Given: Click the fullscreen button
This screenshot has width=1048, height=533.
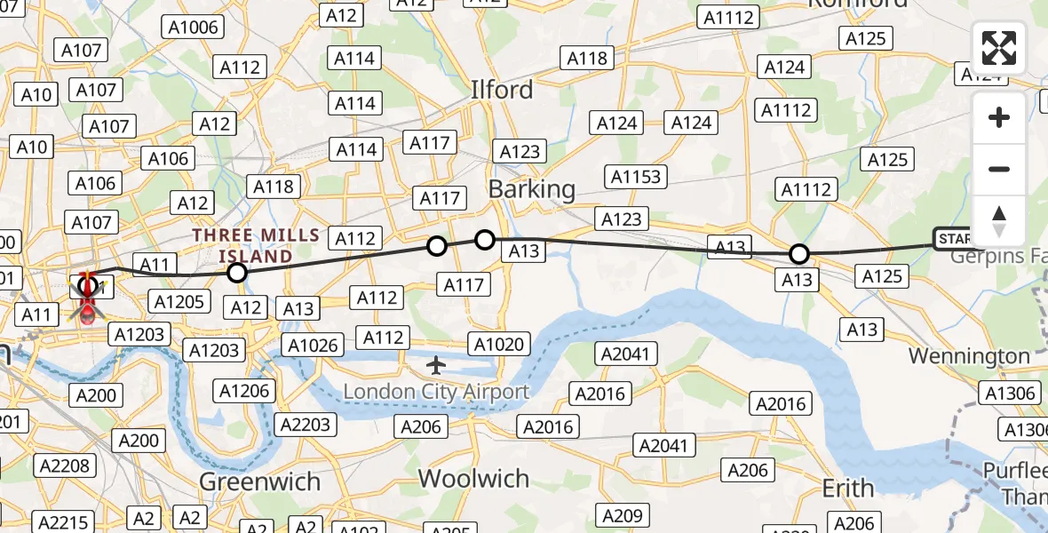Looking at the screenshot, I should (999, 48).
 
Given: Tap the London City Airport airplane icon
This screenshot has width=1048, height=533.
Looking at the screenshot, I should (435, 364).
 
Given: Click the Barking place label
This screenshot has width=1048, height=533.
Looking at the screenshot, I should (531, 189).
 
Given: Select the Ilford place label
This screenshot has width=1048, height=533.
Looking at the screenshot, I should (502, 90).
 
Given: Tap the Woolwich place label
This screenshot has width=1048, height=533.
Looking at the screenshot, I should (473, 478).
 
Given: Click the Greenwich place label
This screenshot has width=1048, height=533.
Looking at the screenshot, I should (259, 481).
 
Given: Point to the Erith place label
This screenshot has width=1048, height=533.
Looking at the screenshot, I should (847, 488).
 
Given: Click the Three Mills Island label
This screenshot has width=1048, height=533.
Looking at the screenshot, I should (256, 246).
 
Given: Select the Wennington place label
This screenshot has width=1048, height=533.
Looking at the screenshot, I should (969, 356).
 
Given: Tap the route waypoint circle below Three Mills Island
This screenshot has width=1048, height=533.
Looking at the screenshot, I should (236, 273).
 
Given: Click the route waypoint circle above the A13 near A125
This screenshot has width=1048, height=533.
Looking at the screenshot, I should (799, 254).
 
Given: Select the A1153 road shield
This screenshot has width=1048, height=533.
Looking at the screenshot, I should (636, 176).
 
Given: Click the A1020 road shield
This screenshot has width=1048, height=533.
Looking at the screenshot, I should (501, 344).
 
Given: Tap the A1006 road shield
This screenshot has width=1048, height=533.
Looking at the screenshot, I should (193, 28).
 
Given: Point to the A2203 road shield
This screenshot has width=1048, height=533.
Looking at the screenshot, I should (305, 424).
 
